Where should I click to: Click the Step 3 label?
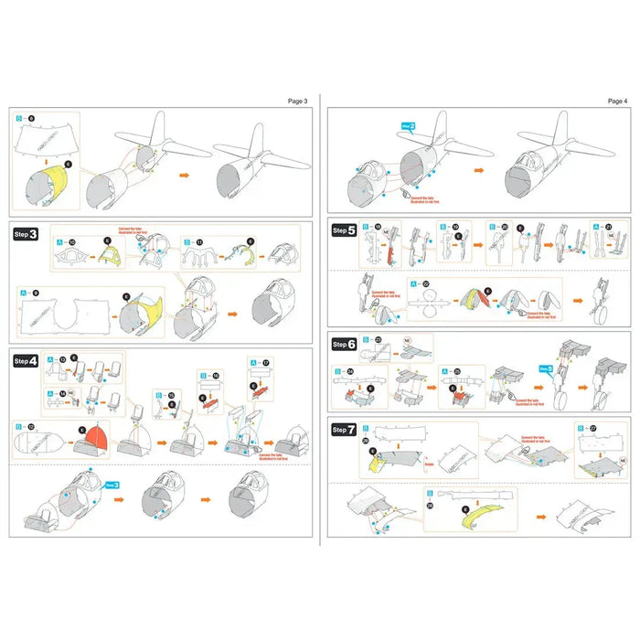(27, 234)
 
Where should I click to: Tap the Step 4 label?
(27, 361)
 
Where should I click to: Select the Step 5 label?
(345, 232)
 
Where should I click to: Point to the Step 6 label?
(345, 344)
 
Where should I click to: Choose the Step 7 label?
(345, 429)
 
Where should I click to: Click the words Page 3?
(299, 101)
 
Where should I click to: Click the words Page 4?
(617, 101)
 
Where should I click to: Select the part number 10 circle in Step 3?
(72, 242)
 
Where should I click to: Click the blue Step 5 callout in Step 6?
(546, 369)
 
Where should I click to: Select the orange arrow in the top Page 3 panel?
(184, 173)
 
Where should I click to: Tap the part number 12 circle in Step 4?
(31, 426)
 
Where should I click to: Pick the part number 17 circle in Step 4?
(267, 363)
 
